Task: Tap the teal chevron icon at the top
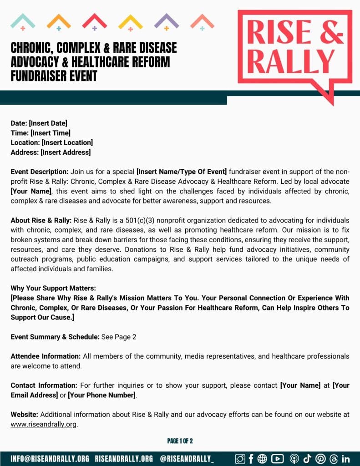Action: [23, 20]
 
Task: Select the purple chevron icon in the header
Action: [167, 20]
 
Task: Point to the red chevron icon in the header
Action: [95, 20]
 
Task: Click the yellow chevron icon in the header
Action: [131, 20]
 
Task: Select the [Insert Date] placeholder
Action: [48, 123]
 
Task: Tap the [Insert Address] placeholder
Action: [66, 152]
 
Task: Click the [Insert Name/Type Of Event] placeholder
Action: [182, 172]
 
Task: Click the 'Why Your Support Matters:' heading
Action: [53, 289]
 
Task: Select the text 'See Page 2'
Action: [119, 337]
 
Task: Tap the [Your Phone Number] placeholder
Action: [102, 395]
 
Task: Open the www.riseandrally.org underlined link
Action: [44, 424]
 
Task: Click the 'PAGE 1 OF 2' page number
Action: [180, 441]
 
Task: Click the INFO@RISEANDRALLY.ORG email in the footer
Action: [50, 458]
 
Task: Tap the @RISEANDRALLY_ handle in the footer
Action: [187, 458]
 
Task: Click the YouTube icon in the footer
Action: [277, 459]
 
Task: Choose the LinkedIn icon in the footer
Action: [345, 459]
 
